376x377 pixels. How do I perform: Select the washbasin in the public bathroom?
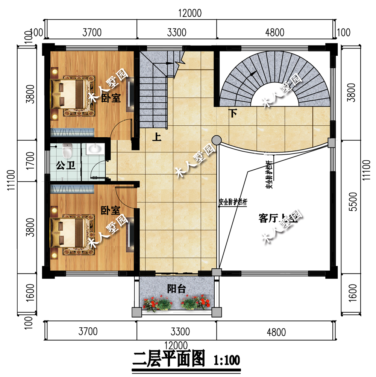94,149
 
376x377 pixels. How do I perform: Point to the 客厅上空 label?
278,218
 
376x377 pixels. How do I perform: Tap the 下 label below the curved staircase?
233,112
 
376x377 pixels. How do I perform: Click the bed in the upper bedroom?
71,92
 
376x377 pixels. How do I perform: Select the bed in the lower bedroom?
71,233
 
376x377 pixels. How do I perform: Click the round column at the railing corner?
216,140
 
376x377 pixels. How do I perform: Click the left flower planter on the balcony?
158,303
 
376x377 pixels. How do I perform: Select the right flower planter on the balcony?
195,303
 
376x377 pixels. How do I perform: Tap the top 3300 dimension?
176,32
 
